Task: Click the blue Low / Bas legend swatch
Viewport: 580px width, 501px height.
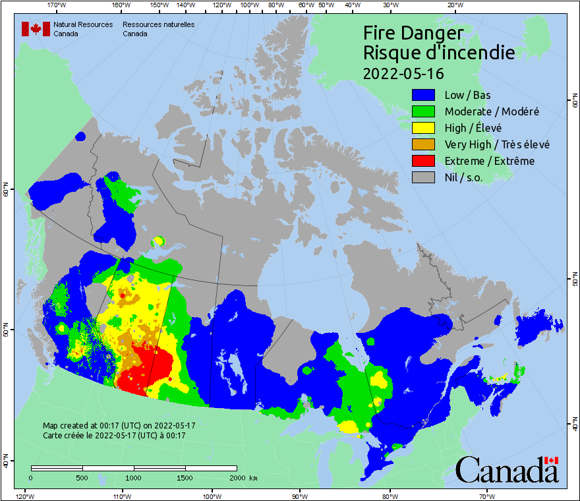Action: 424,96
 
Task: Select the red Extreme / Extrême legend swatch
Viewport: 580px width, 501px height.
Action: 424,161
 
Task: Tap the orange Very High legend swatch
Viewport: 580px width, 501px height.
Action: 424,144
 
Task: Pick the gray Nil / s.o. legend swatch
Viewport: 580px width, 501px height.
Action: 424,177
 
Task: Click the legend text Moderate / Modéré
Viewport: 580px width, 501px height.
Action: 492,112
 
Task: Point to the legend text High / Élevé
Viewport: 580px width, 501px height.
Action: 475,129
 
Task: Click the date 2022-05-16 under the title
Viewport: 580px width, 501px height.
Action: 403,73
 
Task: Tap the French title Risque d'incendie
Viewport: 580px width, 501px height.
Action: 438,53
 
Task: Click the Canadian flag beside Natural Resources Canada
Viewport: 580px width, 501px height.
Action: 36,29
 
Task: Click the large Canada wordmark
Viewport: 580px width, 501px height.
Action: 507,470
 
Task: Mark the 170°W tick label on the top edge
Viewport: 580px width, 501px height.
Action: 57,5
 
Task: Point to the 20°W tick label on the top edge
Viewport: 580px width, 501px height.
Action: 454,5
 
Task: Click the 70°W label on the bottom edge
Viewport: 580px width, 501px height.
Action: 486,496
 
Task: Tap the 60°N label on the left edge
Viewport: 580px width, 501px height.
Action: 5,191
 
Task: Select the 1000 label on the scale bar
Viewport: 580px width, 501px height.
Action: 134,477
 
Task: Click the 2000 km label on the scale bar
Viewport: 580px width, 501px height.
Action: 243,477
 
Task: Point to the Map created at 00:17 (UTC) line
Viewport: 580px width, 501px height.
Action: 119,426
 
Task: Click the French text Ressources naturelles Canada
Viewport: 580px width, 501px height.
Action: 158,29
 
